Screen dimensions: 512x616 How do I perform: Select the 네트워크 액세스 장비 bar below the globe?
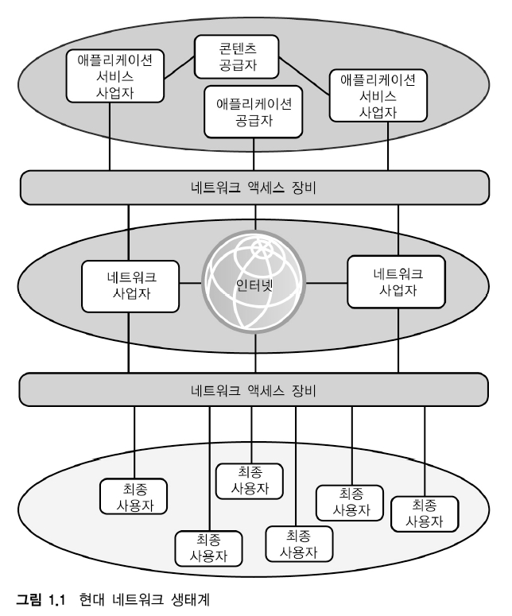coord(254,390)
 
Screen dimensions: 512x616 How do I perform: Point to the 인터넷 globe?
coord(254,285)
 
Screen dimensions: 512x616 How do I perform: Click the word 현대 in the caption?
coord(92,601)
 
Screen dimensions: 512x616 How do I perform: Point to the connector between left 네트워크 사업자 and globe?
coord(189,285)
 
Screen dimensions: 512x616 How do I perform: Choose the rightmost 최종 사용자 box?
coord(425,513)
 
